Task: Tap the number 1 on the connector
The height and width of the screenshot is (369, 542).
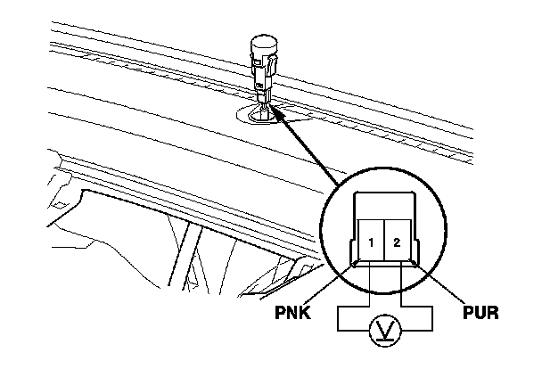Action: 369,243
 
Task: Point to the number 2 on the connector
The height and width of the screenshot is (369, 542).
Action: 398,243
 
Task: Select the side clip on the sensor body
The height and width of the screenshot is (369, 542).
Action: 275,64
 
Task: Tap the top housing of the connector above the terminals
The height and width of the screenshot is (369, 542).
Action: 383,203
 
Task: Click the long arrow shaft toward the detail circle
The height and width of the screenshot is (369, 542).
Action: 308,152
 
